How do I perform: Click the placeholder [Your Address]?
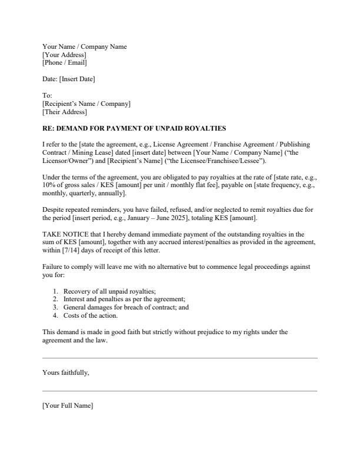pyautogui.click(x=64, y=55)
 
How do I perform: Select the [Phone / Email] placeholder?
pyautogui.click(x=64, y=62)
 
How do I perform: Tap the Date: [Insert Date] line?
pyautogui.click(x=68, y=79)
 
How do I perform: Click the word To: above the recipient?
pyautogui.click(x=47, y=95)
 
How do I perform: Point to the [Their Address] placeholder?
pyautogui.click(x=64, y=112)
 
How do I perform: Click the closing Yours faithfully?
pyautogui.click(x=66, y=372)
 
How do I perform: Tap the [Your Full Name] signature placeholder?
pyautogui.click(x=68, y=405)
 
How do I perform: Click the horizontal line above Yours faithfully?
pyautogui.click(x=179, y=358)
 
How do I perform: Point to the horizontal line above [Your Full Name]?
pyautogui.click(x=179, y=391)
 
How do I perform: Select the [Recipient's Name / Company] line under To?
pyautogui.click(x=86, y=104)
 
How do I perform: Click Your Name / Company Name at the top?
pyautogui.click(x=84, y=46)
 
